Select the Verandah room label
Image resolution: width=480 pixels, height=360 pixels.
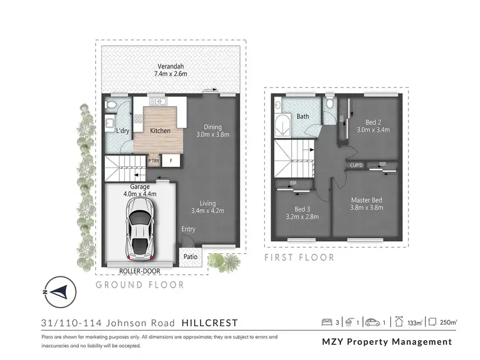[170, 67]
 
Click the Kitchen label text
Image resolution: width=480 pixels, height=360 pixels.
[160, 130]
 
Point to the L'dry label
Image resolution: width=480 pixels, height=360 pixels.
[122, 131]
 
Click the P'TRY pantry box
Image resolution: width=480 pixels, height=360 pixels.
[154, 161]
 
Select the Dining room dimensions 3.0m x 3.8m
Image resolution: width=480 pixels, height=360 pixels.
[212, 134]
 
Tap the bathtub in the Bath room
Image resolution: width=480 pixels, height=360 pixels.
[282, 125]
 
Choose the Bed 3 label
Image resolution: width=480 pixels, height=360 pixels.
[303, 208]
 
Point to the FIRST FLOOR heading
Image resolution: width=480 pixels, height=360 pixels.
[300, 258]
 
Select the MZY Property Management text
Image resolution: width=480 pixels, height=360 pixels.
[386, 341]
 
